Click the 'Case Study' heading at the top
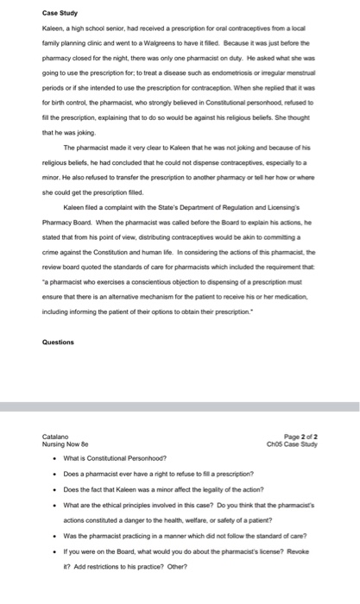point(59,13)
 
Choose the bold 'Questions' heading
point(58,341)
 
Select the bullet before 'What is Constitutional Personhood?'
point(55,457)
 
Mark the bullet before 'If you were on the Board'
point(55,556)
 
